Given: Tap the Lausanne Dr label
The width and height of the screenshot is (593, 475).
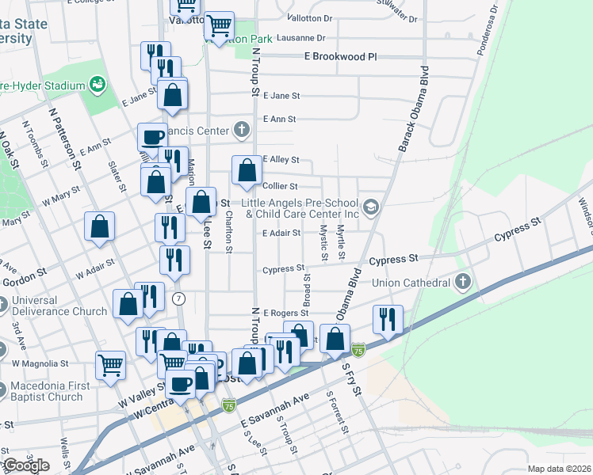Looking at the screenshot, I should pyautogui.click(x=300, y=37).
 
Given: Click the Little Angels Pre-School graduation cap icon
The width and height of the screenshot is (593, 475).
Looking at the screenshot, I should pyautogui.click(x=370, y=208).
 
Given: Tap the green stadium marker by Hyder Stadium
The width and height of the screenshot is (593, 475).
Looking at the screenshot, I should pyautogui.click(x=98, y=83).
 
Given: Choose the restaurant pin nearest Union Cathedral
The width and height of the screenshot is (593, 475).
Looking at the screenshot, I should pyautogui.click(x=388, y=319).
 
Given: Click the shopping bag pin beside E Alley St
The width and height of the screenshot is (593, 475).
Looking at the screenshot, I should pyautogui.click(x=247, y=169).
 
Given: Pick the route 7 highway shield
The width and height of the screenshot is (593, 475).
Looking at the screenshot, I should pyautogui.click(x=180, y=298).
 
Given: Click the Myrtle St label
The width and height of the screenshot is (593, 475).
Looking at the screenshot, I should pyautogui.click(x=340, y=242).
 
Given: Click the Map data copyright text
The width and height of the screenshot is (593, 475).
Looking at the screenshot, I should pyautogui.click(x=559, y=469).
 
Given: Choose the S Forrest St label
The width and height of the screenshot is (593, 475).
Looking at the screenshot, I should pyautogui.click(x=337, y=413).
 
